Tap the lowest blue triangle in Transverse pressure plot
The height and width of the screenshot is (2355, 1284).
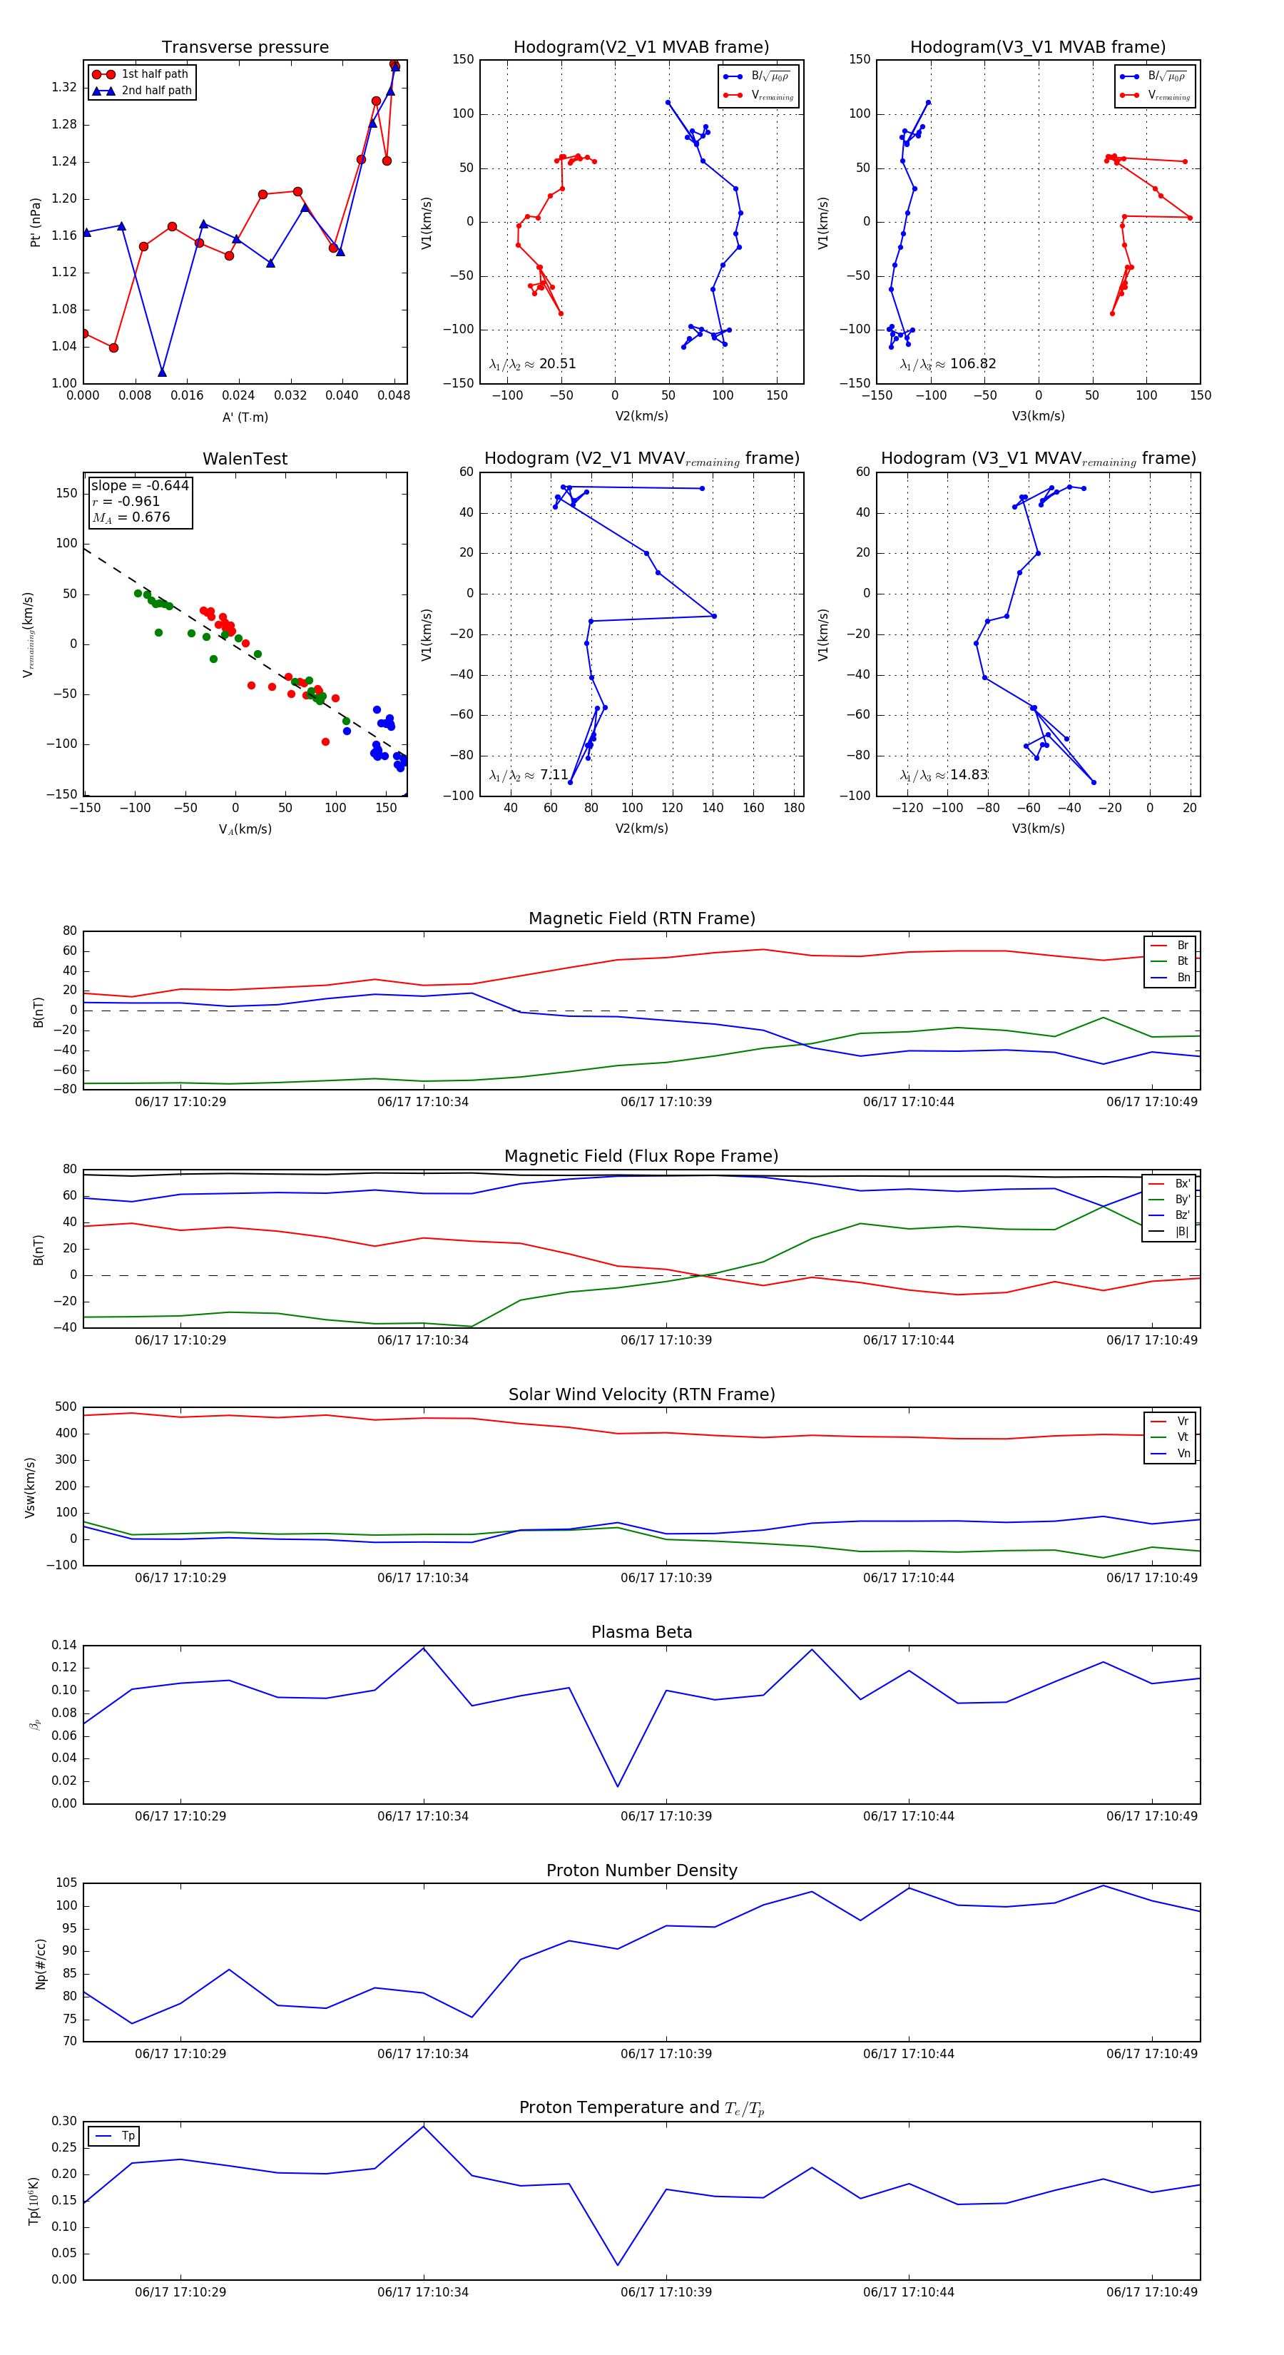162,372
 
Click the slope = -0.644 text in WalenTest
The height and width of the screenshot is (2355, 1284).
140,485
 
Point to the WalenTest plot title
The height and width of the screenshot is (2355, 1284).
245,459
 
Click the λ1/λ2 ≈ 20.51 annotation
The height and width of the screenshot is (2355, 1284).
533,364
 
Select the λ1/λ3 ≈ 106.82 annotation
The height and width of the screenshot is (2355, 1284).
948,364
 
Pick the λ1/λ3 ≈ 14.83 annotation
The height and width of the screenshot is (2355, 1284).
943,774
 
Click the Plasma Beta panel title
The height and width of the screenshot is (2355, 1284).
641,1632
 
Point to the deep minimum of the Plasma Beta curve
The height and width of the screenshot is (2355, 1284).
618,1786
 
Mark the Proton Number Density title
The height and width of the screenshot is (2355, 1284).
641,1870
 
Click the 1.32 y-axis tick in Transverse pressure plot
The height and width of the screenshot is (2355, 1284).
64,88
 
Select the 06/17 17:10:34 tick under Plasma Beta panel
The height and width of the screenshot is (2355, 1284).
423,1815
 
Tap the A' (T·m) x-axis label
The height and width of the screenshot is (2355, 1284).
245,417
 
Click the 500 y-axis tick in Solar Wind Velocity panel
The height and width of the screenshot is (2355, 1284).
66,1407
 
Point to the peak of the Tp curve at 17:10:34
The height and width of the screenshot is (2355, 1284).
423,2127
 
